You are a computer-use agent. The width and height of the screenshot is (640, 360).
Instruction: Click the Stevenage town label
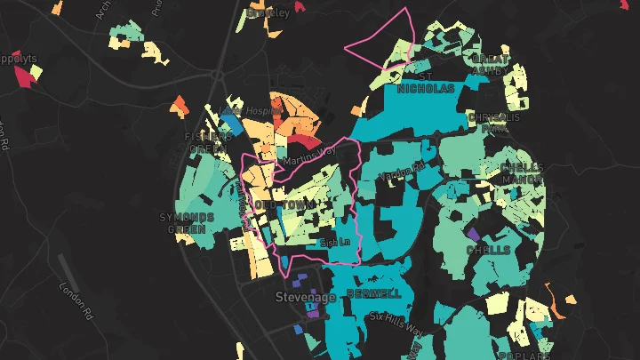click(x=305, y=297)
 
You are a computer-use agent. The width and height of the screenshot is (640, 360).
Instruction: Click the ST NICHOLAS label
click(x=425, y=84)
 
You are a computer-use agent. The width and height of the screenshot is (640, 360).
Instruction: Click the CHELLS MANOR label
click(x=520, y=172)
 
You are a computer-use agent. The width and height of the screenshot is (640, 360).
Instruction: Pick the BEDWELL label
click(x=374, y=293)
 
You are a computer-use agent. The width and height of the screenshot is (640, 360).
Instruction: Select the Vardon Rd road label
click(x=402, y=172)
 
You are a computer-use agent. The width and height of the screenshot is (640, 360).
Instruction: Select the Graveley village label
click(x=269, y=12)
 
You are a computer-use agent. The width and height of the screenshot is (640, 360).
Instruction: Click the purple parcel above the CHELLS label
click(x=473, y=234)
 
